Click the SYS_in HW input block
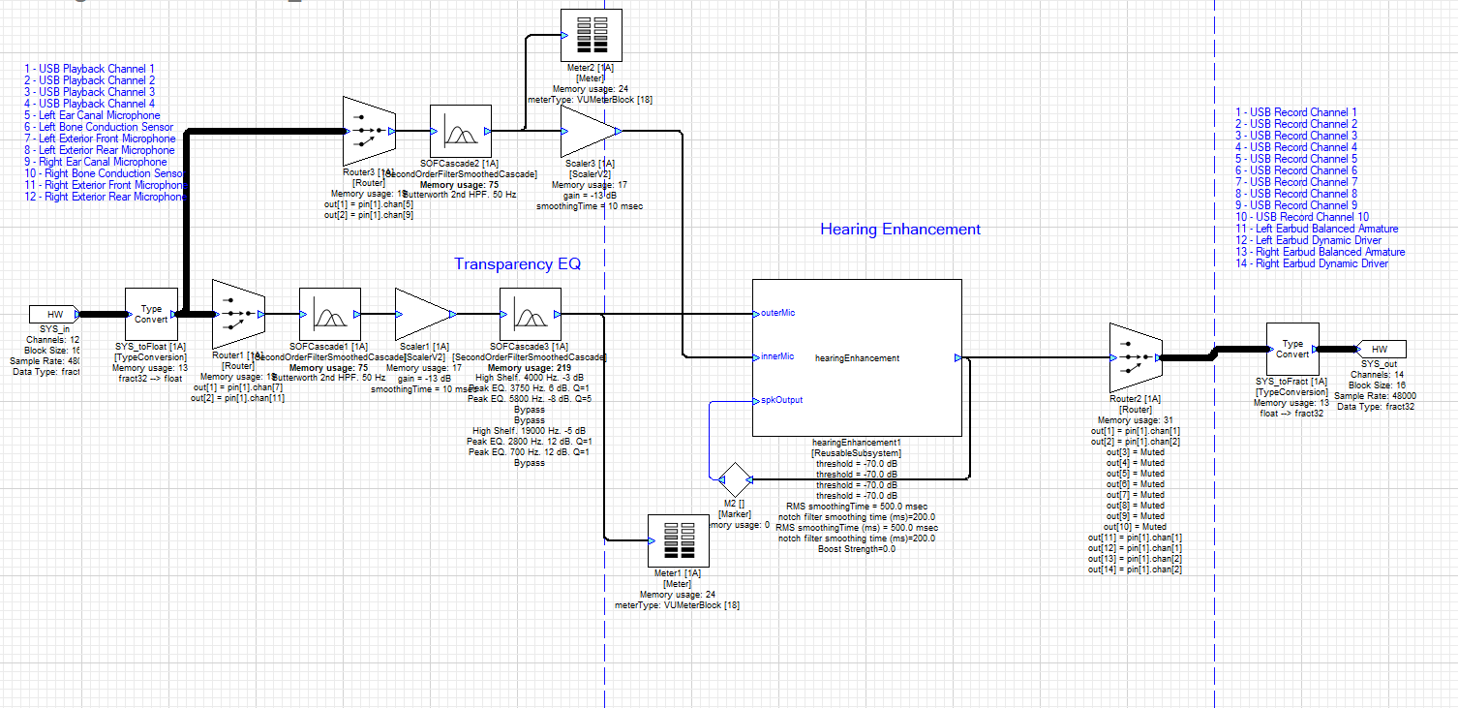(x=55, y=314)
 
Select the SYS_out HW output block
(x=1382, y=349)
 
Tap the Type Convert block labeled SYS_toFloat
(x=152, y=314)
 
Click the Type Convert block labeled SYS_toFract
(x=1292, y=350)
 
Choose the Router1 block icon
(x=237, y=314)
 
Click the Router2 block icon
(x=1135, y=357)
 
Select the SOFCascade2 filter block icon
(x=461, y=131)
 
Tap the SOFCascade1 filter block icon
(x=330, y=314)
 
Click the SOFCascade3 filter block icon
(x=530, y=314)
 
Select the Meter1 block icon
(x=676, y=541)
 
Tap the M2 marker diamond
(x=734, y=478)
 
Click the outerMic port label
(x=778, y=313)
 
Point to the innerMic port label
(x=777, y=356)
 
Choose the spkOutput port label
(x=781, y=400)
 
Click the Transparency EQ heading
(x=517, y=264)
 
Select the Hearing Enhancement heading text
(x=899, y=230)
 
